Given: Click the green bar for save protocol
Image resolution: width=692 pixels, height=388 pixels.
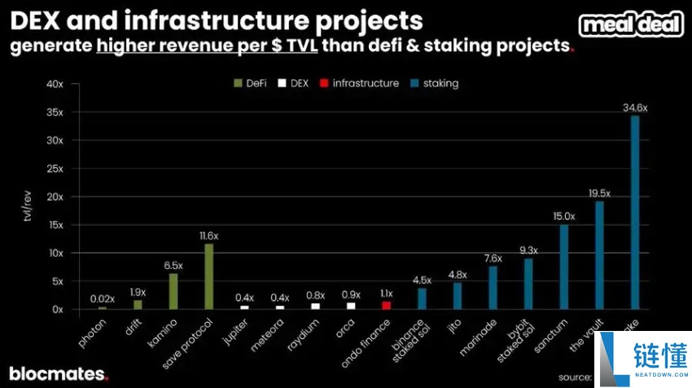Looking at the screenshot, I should [x=208, y=276].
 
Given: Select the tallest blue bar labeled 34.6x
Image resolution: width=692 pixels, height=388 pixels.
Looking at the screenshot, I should [x=635, y=213].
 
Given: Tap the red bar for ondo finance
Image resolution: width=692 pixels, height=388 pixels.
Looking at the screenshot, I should [x=386, y=305].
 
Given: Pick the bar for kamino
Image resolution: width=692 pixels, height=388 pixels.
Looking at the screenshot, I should [x=173, y=291].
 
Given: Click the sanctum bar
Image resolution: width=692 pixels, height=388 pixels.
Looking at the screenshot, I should [x=563, y=267].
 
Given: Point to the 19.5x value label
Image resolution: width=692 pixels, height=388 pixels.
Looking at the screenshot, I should [x=599, y=193].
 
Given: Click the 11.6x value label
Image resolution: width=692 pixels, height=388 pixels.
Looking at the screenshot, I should [x=208, y=236].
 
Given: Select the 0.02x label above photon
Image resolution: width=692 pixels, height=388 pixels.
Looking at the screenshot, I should [x=102, y=299].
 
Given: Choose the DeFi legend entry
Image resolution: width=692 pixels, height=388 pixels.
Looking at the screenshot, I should [x=252, y=83].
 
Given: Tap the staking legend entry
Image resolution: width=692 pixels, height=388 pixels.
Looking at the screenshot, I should [x=436, y=83].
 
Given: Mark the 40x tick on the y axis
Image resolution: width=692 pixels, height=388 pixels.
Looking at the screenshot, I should [x=55, y=84].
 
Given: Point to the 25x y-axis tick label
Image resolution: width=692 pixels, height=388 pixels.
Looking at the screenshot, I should [x=55, y=169].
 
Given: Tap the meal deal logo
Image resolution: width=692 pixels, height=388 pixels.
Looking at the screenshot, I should [x=631, y=24].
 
